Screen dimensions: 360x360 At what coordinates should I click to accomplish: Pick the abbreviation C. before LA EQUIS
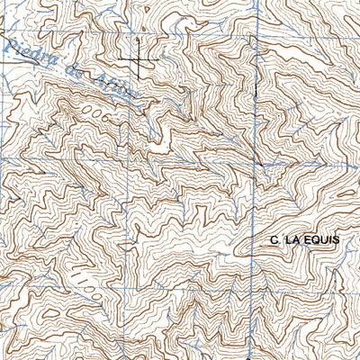click(274, 240)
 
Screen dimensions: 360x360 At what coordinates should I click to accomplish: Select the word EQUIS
click(320, 240)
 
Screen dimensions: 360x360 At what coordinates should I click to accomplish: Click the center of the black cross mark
click(139, 59)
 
